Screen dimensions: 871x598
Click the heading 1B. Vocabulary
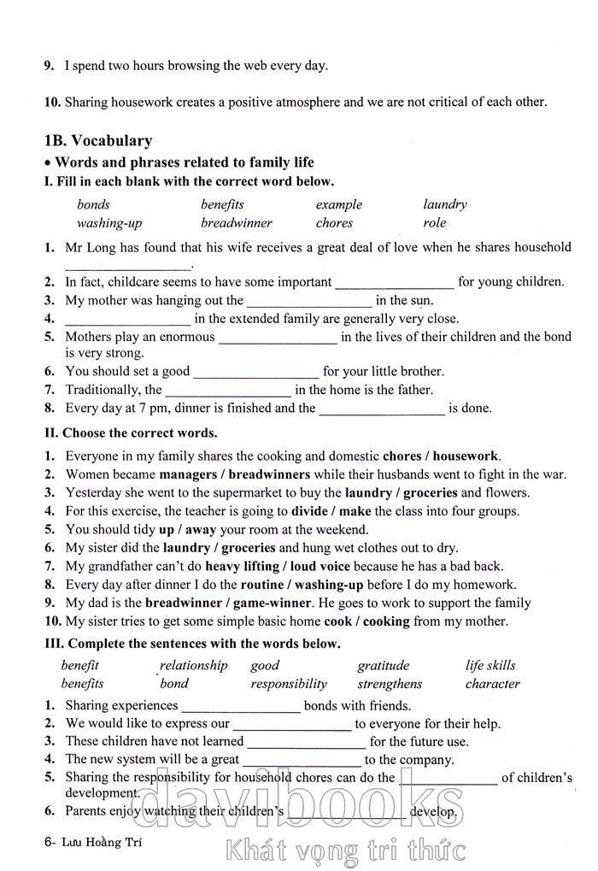97,141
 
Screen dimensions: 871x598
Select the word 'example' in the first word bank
338,205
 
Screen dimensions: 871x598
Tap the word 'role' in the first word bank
434,223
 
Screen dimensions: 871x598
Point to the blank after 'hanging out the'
308,302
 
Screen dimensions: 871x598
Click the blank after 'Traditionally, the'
228,391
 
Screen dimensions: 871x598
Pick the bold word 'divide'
309,511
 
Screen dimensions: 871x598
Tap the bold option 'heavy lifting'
244,566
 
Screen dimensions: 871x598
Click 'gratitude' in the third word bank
383,666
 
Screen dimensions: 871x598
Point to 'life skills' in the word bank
490,666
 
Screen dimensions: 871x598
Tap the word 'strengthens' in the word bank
389,684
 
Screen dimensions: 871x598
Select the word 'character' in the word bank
492,684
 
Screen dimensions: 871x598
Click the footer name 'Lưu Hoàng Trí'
95,841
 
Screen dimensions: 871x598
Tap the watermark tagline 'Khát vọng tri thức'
345,850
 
